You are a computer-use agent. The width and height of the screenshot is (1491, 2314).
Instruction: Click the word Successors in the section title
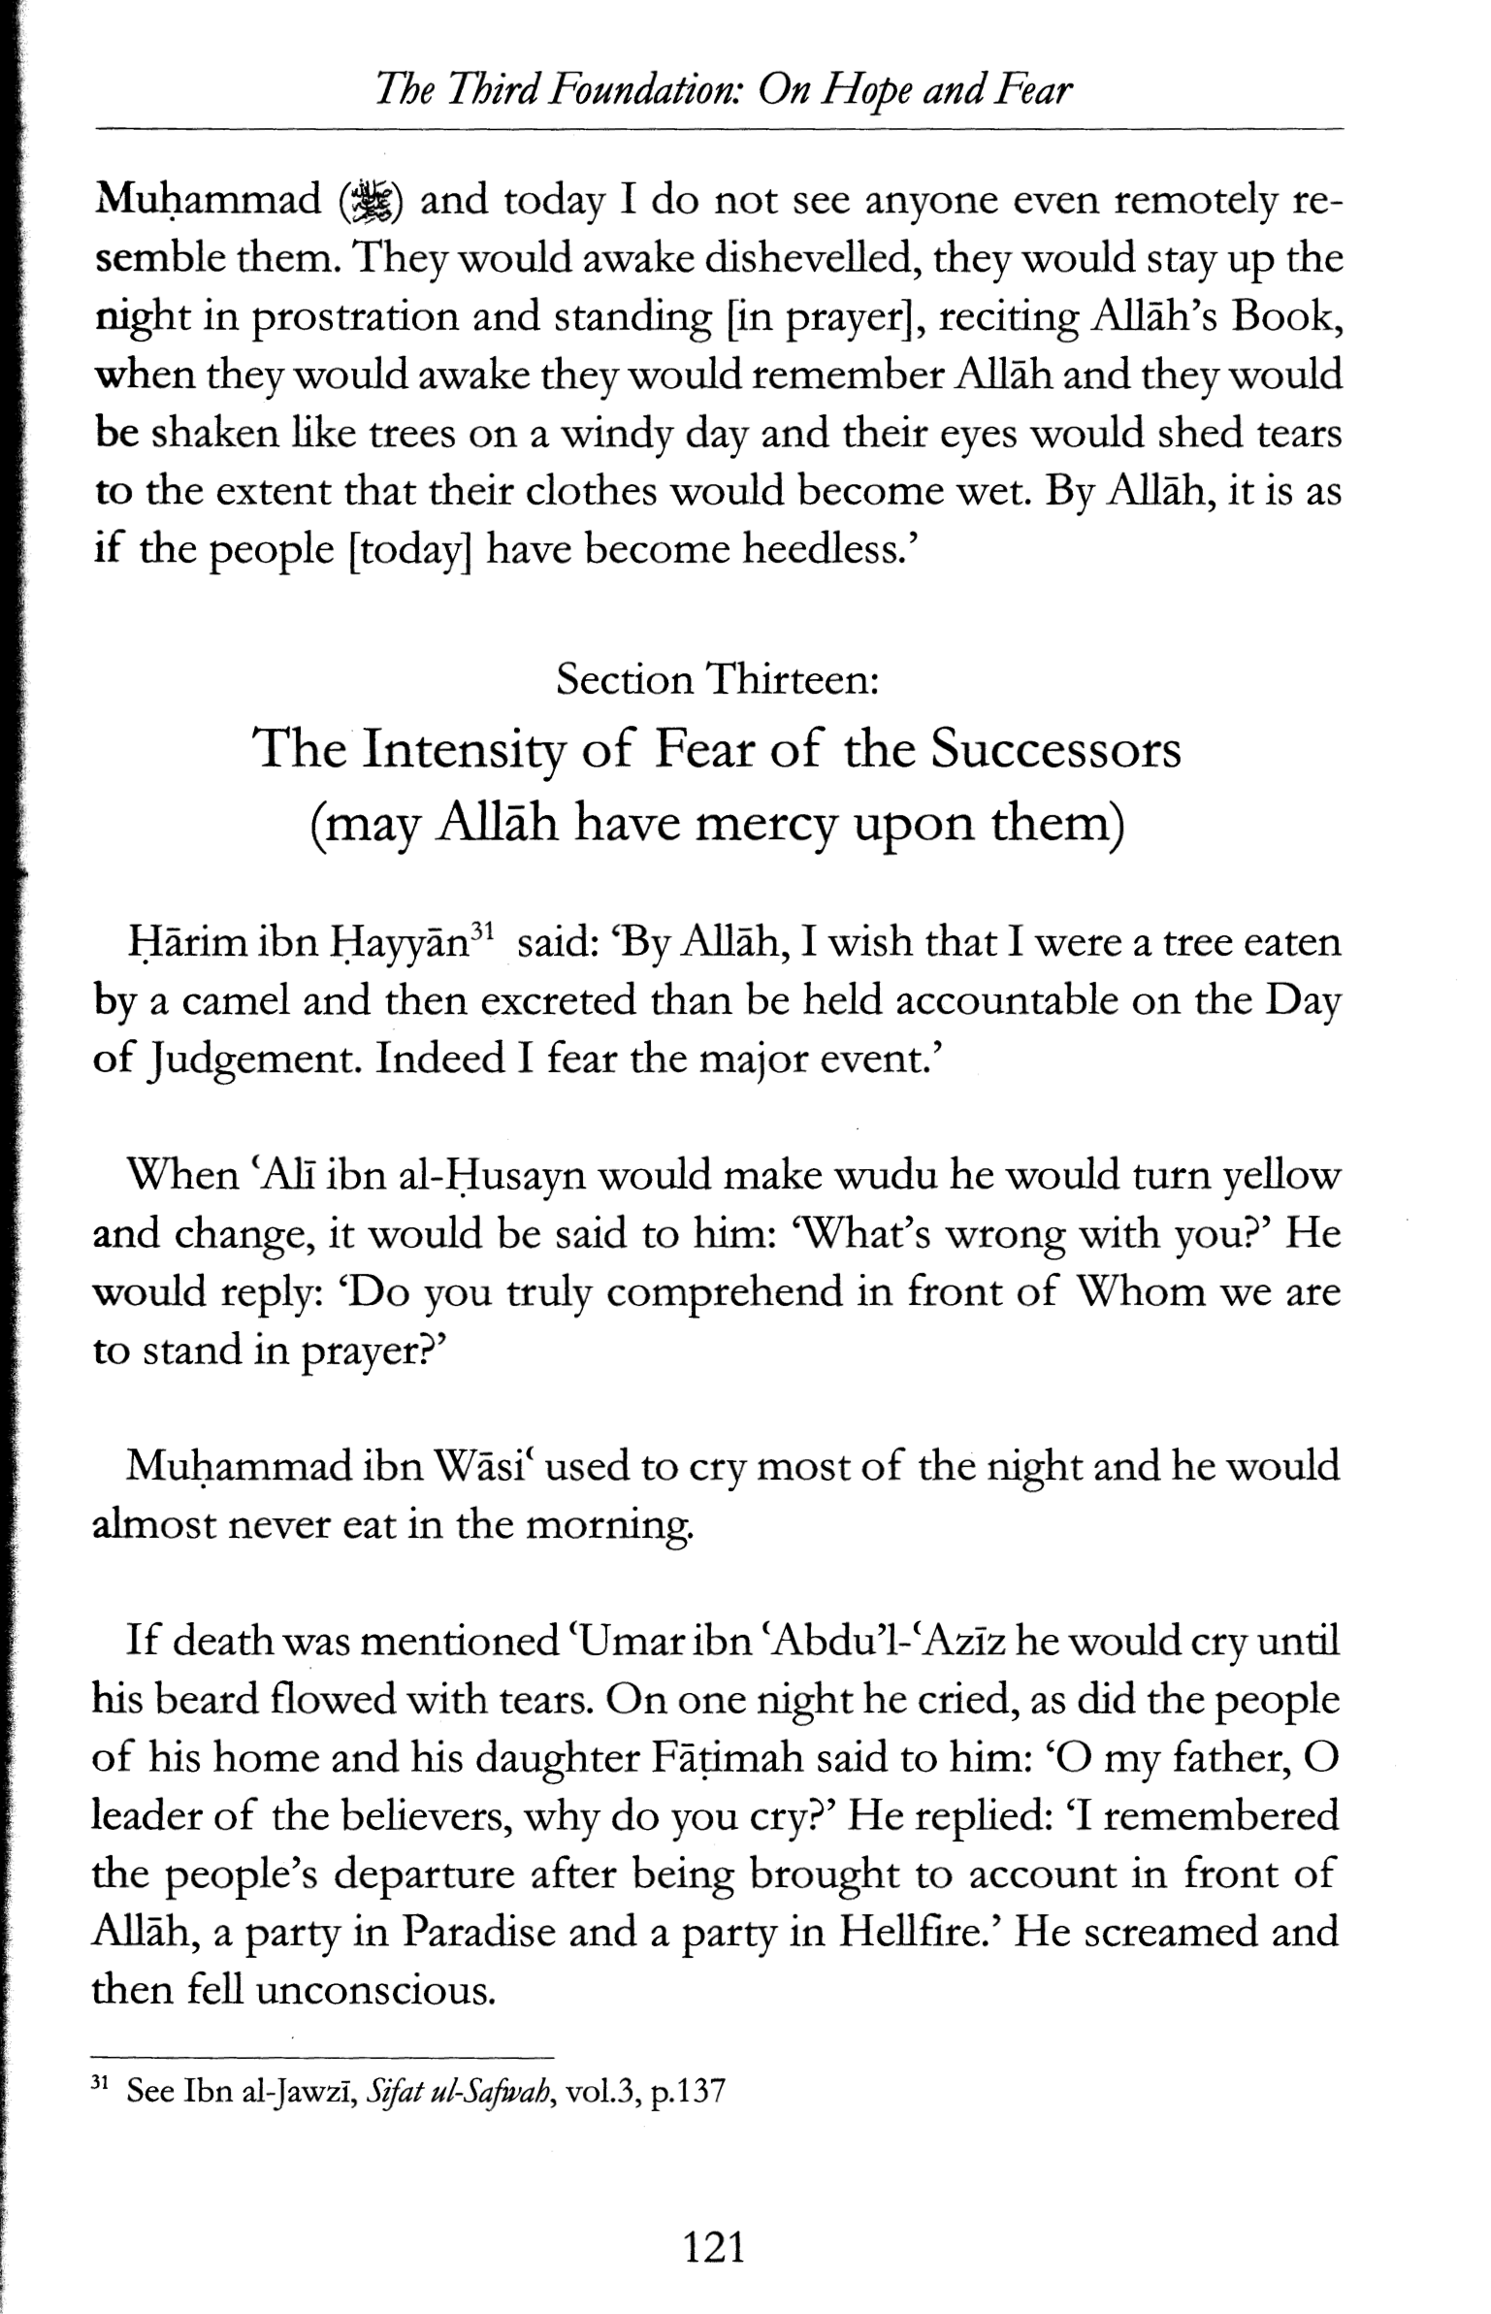tap(1055, 749)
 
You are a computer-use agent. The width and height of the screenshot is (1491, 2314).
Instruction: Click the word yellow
tap(1280, 1177)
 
